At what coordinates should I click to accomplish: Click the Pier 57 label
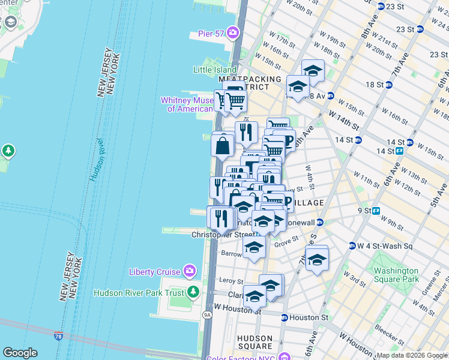point(211,33)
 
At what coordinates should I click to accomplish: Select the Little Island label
point(214,70)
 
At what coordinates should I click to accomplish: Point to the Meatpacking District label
point(250,83)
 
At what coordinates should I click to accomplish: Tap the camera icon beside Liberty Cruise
point(190,272)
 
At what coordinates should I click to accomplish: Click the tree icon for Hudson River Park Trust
point(193,292)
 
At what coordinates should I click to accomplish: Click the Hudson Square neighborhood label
point(255,342)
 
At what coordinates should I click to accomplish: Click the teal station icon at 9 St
point(376,211)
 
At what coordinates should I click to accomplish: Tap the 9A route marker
point(208,314)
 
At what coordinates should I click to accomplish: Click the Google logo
point(20,353)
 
